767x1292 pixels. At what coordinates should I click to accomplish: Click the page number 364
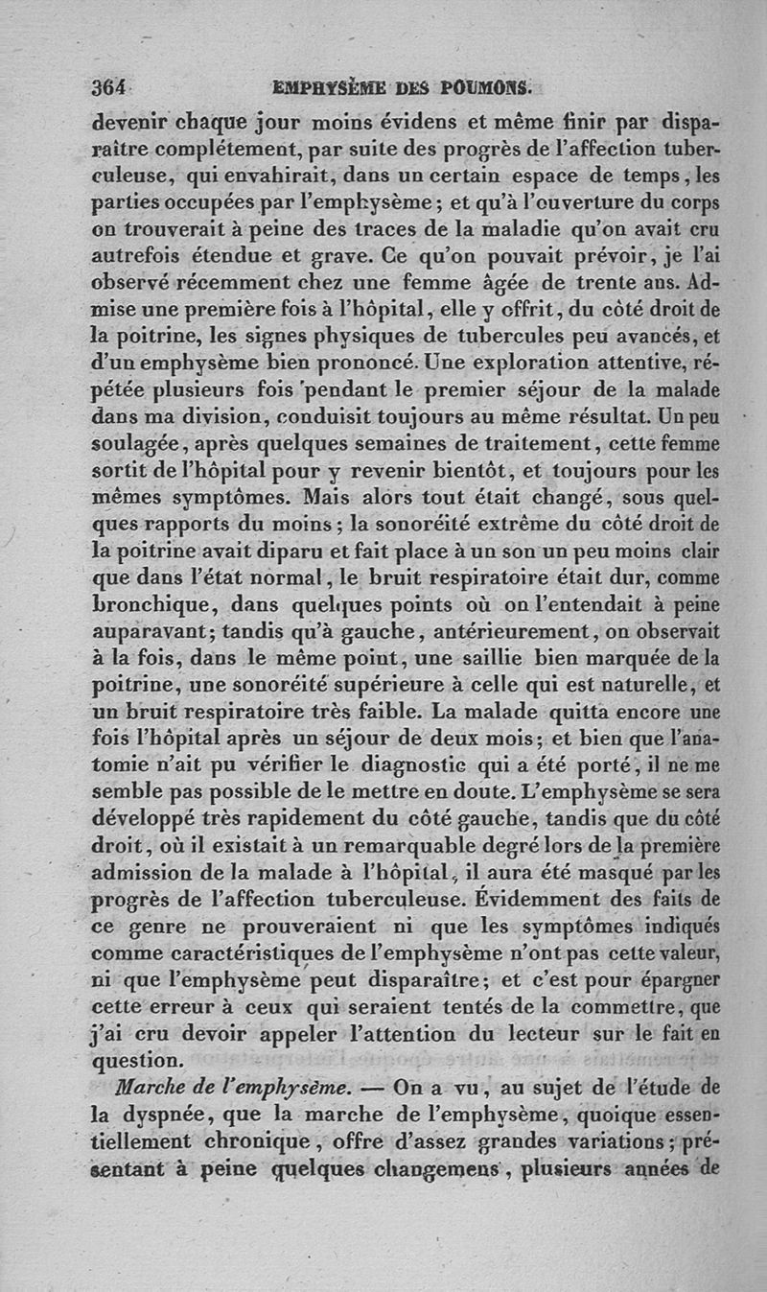click(109, 86)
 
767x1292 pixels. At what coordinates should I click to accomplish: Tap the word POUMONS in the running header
click(483, 87)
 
